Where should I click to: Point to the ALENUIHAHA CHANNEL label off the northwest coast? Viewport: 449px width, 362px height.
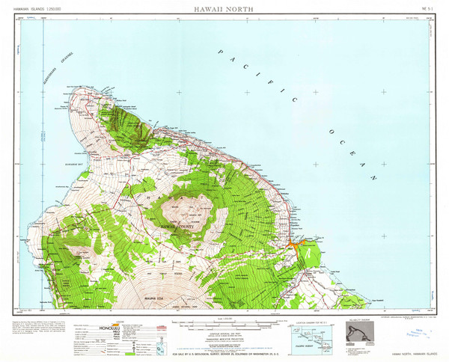coord(60,70)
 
